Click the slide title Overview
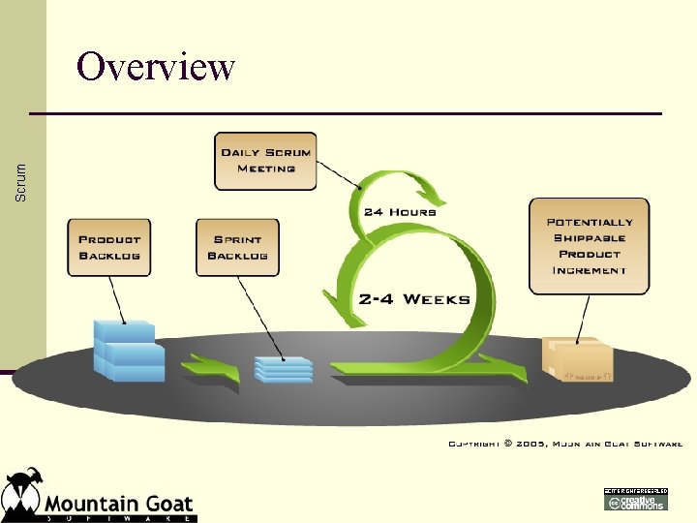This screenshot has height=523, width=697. click(156, 67)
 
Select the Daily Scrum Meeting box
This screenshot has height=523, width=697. click(265, 161)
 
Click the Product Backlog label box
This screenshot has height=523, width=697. click(109, 247)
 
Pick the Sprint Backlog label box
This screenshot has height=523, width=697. click(238, 247)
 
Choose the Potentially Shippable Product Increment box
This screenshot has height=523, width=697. click(589, 246)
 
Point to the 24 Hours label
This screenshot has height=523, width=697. click(399, 212)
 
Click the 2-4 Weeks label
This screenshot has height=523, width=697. click(413, 299)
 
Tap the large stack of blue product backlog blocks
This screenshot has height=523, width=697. click(128, 350)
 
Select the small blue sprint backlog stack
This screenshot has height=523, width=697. click(284, 369)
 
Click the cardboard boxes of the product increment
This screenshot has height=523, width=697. click(578, 359)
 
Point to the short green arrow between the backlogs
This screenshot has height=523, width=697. click(212, 369)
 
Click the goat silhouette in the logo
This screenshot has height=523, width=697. click(21, 491)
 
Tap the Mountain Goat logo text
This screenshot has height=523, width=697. click(118, 505)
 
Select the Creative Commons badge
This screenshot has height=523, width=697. click(635, 499)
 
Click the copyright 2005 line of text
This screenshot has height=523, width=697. click(564, 444)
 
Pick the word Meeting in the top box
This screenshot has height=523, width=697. click(265, 169)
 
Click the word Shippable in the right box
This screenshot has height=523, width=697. click(590, 238)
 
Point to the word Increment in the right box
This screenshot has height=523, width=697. click(590, 270)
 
